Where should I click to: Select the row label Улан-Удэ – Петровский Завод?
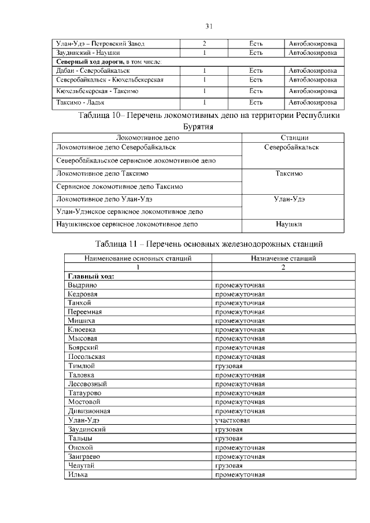click(100, 44)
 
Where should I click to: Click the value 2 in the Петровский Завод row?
click(205, 44)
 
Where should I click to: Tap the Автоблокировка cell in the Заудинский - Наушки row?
click(313, 53)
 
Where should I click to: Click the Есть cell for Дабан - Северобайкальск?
click(256, 71)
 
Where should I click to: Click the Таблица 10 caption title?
click(209, 116)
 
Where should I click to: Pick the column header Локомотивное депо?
click(147, 138)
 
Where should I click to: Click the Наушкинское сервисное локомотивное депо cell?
click(127, 223)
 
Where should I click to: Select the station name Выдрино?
click(82, 285)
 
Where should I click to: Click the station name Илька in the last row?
click(77, 474)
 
